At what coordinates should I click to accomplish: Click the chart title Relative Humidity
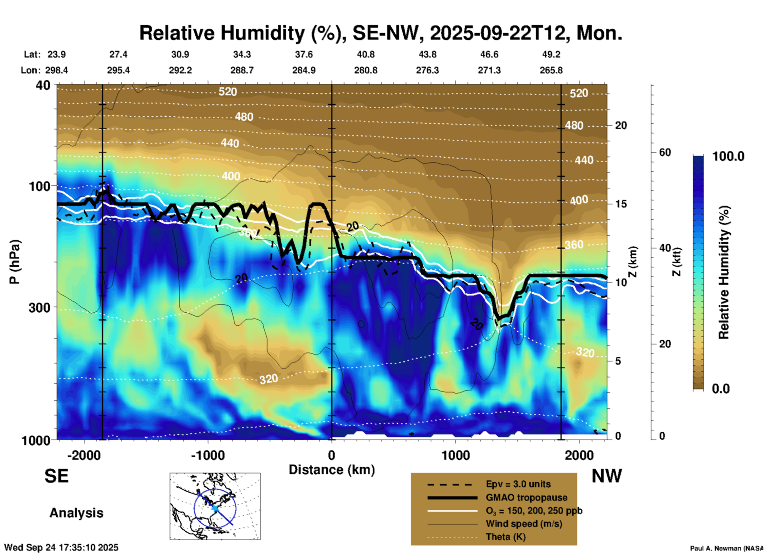click(x=380, y=33)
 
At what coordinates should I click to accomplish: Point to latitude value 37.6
click(x=304, y=54)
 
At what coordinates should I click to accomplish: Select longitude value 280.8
click(x=366, y=71)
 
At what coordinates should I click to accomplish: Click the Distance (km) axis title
click(x=332, y=470)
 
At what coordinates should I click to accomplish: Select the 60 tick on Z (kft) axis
click(x=665, y=152)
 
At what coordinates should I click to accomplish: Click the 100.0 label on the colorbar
click(x=728, y=156)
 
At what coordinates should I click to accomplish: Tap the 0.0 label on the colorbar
click(x=721, y=389)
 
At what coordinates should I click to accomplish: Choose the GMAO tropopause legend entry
click(x=526, y=497)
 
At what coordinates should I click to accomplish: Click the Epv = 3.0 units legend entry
click(x=518, y=484)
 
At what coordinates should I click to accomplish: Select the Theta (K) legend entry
click(x=505, y=537)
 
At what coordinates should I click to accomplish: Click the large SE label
click(x=56, y=476)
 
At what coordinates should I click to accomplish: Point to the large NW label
click(x=607, y=476)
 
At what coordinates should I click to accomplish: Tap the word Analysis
click(x=76, y=513)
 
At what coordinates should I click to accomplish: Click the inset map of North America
click(x=215, y=506)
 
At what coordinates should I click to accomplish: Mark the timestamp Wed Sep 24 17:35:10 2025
click(x=61, y=547)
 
